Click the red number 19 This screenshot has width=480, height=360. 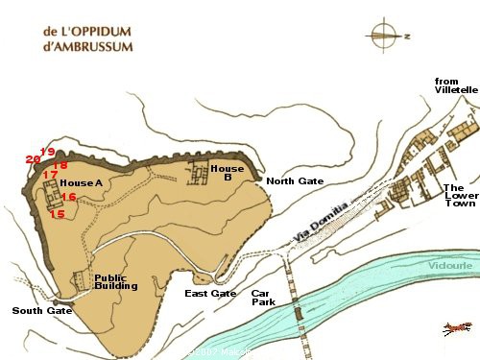pos(47,152)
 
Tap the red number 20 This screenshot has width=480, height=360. pos(33,159)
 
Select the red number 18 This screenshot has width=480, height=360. pos(60,165)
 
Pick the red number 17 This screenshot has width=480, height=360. pos(50,175)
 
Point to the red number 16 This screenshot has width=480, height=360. pos(68,197)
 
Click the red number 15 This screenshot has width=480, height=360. pos(58,214)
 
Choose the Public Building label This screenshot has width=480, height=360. pos(116,282)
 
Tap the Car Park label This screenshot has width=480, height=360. pos(263,297)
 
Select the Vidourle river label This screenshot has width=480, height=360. pos(449,265)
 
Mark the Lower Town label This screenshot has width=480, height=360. pos(455,197)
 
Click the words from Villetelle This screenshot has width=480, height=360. pos(455,84)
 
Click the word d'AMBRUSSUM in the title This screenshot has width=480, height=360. pos(87,45)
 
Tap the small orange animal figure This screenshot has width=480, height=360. pos(456,329)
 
